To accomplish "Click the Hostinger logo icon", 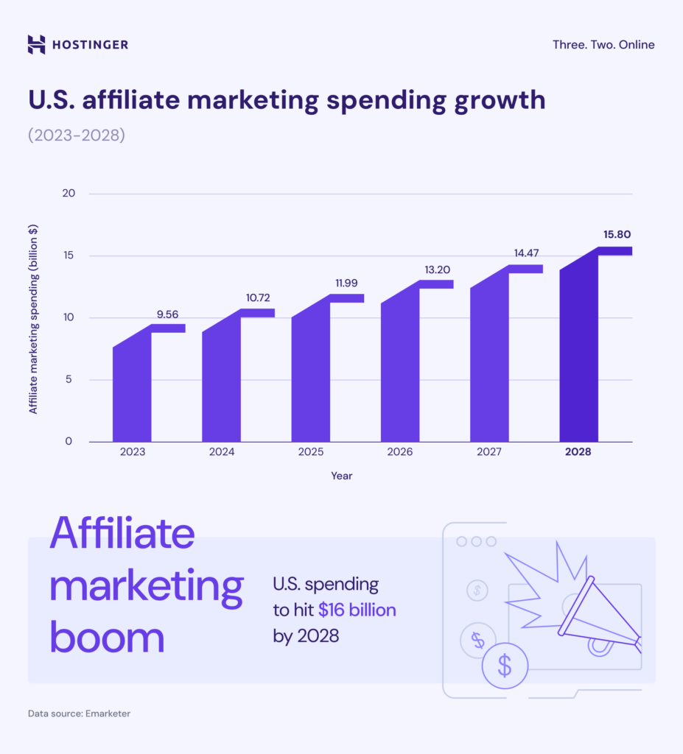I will [x=36, y=44].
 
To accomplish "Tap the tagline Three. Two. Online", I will [x=603, y=45].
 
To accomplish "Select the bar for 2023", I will [x=132, y=390].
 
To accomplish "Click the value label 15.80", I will [x=617, y=235].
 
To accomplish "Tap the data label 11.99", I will [x=347, y=283].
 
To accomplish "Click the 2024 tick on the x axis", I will [x=221, y=452].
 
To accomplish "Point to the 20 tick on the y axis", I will [x=69, y=194].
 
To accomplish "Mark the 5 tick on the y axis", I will [x=69, y=380].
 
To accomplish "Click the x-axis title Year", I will [x=342, y=476].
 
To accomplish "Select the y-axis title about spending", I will [x=34, y=318].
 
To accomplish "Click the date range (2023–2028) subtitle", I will [x=77, y=136].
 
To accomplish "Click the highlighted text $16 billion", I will [x=357, y=610].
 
